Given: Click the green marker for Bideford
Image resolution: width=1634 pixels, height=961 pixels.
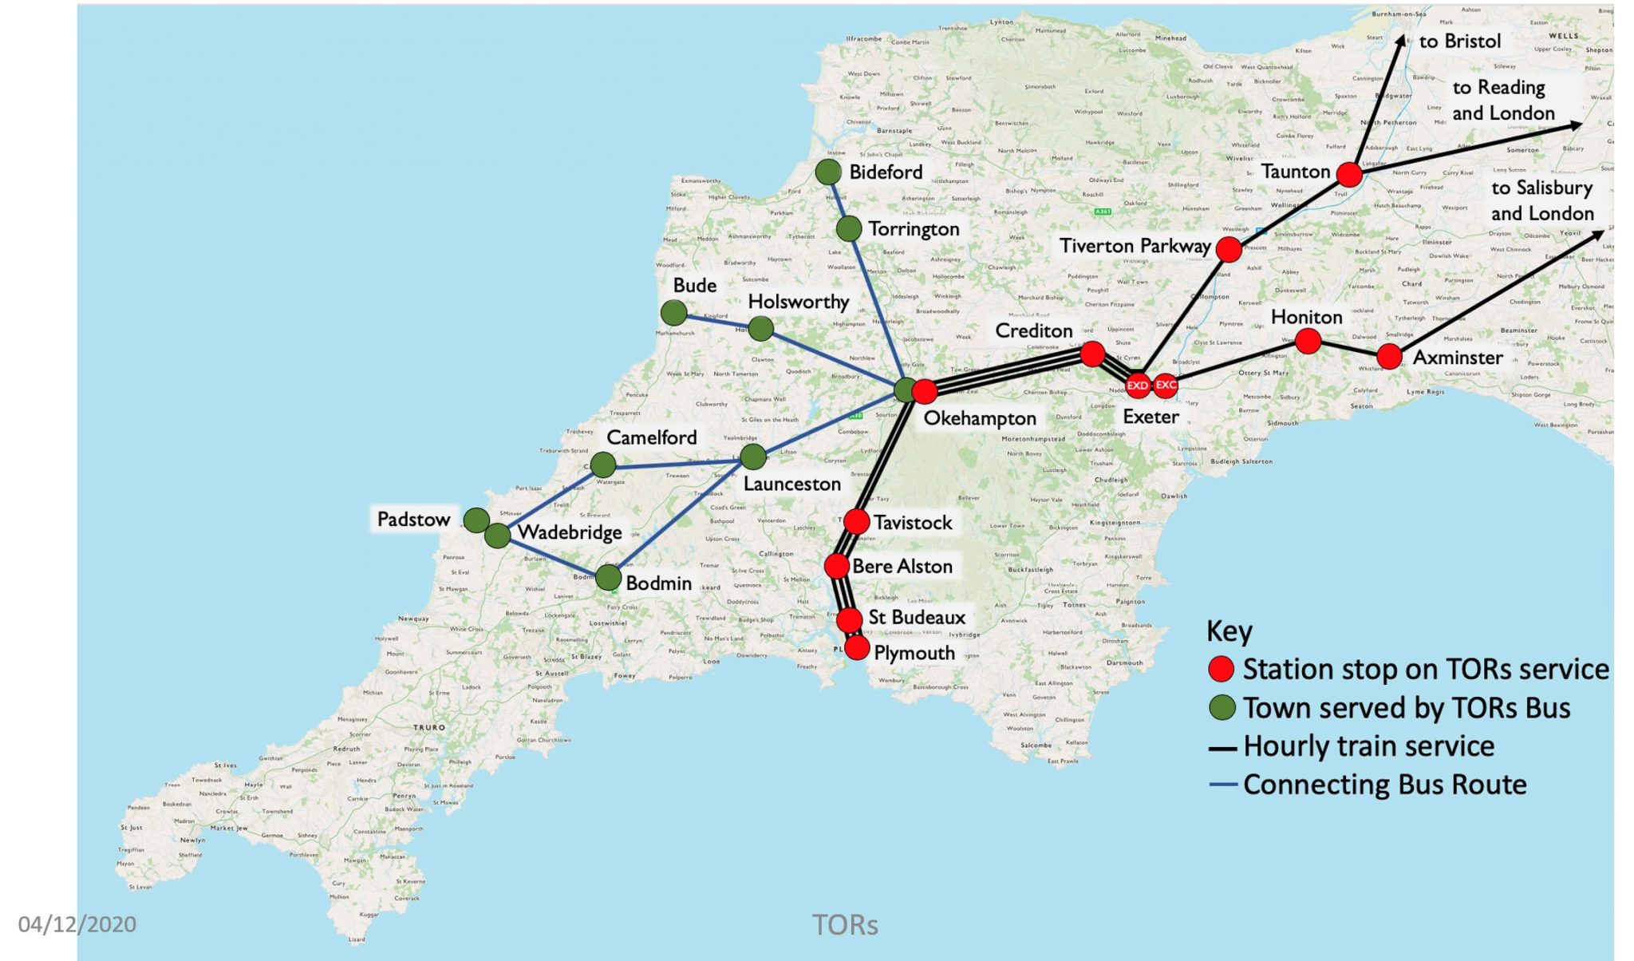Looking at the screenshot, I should tap(828, 171).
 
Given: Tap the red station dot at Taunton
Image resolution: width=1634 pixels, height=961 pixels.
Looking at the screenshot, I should tap(1348, 174).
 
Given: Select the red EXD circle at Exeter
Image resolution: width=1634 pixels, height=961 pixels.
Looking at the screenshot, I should tap(1137, 386).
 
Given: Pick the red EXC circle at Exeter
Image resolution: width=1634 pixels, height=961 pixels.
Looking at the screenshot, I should tap(1166, 385).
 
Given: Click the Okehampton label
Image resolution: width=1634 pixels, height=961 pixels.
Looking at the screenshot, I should tap(979, 418).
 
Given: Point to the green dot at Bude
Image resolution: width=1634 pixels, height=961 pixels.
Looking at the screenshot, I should tap(674, 312).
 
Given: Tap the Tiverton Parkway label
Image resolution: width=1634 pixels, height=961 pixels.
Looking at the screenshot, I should tap(1135, 246).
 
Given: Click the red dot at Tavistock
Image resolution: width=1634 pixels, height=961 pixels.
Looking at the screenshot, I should tap(856, 522).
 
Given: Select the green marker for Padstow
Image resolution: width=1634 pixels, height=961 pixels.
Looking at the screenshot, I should tap(476, 520).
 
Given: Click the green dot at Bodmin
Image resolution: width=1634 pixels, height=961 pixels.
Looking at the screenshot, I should tap(608, 577).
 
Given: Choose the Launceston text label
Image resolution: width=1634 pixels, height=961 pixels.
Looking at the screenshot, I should tap(791, 484).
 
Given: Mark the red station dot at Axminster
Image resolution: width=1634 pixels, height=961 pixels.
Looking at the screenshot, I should tap(1389, 356).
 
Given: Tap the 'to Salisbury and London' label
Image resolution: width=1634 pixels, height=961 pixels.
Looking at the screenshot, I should tap(1541, 200).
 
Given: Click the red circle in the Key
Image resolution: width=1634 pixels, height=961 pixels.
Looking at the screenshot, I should tap(1221, 669).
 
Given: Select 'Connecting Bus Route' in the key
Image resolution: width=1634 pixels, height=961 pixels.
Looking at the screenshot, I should tap(1384, 785).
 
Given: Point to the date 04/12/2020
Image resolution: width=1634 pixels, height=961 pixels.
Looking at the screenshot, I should tap(77, 924).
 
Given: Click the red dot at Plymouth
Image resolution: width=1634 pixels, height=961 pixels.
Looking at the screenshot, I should tap(857, 647).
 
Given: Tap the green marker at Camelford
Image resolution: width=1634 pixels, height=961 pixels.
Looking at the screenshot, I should tap(603, 464).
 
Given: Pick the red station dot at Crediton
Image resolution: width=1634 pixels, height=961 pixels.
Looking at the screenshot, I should tap(1092, 353).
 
